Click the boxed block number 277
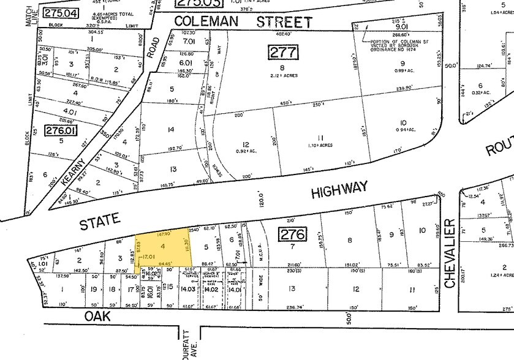click(x=283, y=52)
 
